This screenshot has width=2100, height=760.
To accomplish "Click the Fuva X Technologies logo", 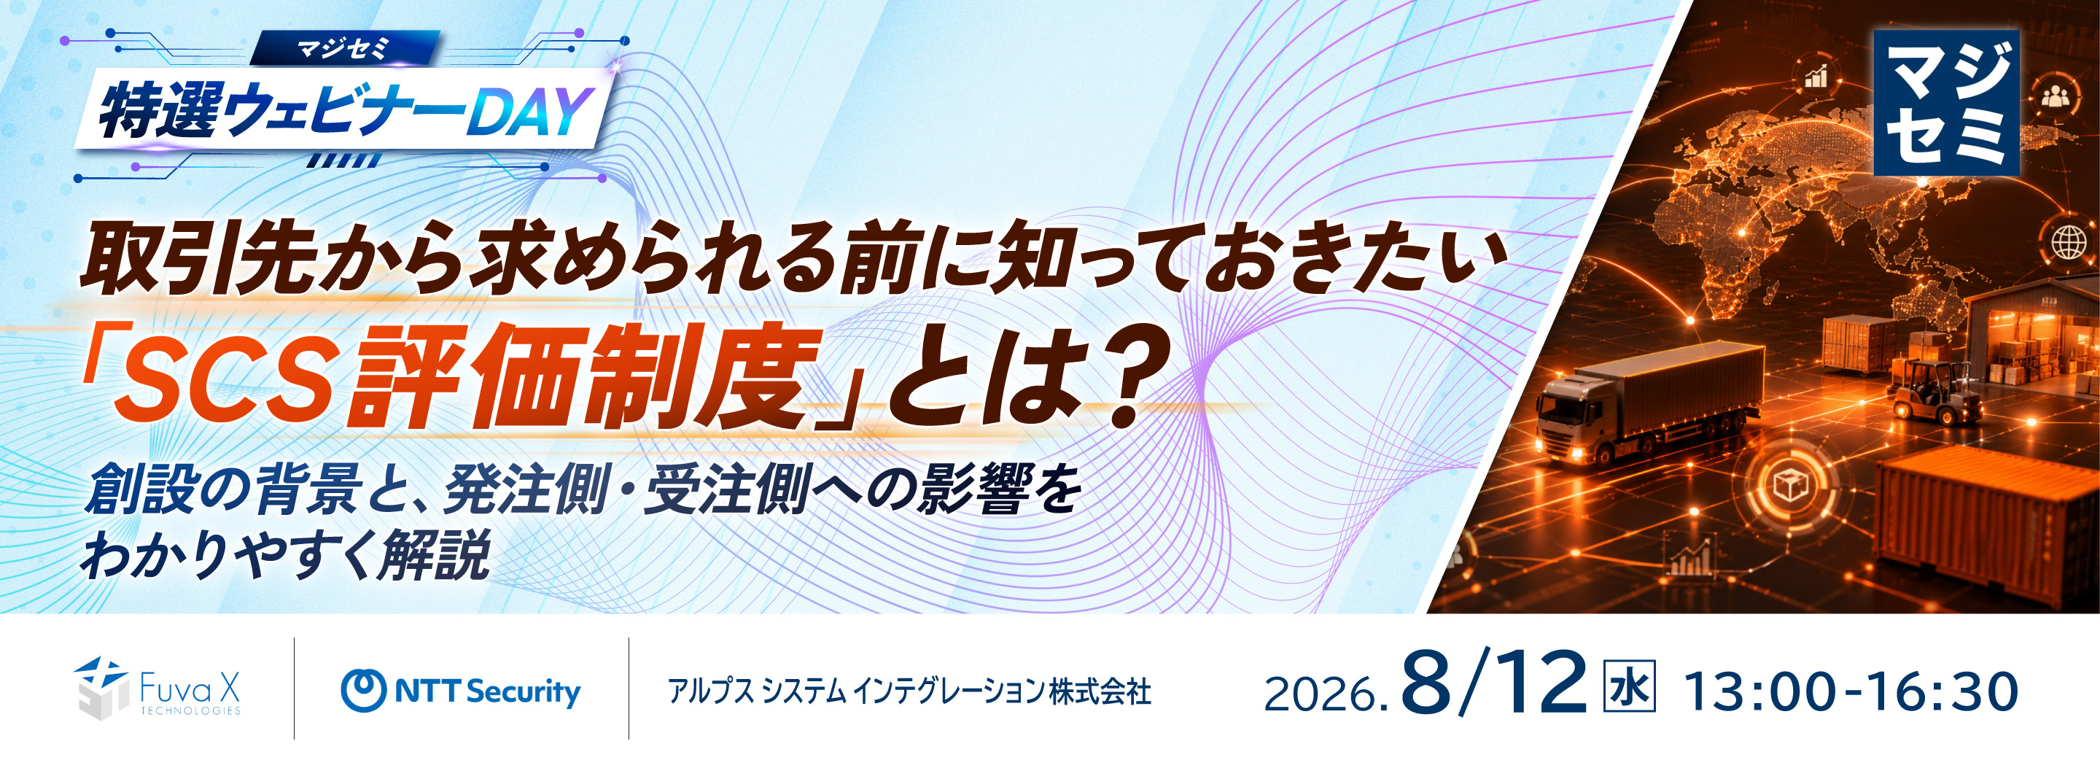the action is [x=157, y=689].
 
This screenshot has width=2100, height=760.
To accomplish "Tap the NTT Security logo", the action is [x=461, y=691].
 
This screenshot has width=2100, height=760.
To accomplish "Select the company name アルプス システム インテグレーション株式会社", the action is [x=909, y=692].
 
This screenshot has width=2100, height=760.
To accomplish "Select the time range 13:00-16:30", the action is [x=1851, y=691].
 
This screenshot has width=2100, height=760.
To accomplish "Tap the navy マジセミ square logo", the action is [x=1946, y=103].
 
